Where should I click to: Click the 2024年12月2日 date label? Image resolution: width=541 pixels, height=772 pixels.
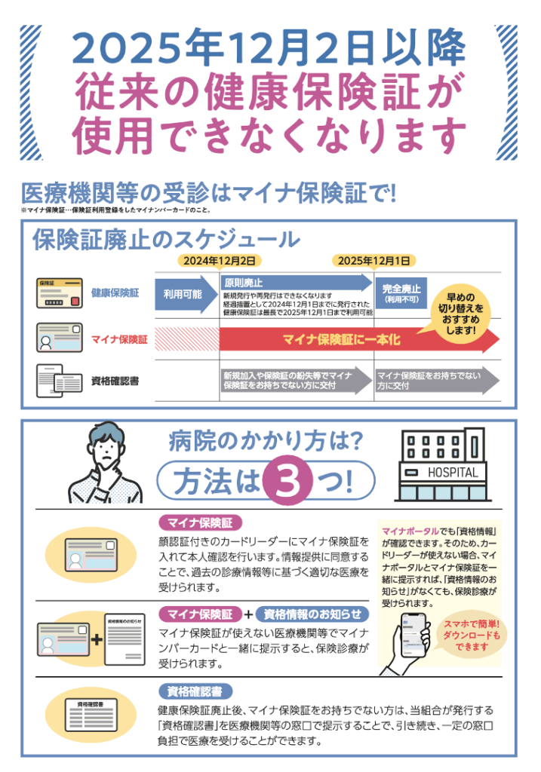pyautogui.click(x=220, y=260)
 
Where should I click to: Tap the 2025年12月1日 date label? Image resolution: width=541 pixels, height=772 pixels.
pyautogui.click(x=374, y=260)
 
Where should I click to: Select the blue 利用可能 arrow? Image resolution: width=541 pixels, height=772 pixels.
pyautogui.click(x=186, y=295)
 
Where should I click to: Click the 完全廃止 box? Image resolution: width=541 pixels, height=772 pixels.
pyautogui.click(x=401, y=293)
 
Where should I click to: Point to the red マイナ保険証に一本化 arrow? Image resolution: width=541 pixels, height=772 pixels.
pyautogui.click(x=359, y=340)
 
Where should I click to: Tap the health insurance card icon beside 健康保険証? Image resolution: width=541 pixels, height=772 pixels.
pyautogui.click(x=59, y=293)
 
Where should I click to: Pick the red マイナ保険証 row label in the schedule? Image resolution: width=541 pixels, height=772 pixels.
pyautogui.click(x=119, y=339)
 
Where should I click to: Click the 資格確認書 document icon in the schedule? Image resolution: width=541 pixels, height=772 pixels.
pyautogui.click(x=59, y=381)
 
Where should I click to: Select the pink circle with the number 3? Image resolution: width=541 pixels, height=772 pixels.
pyautogui.click(x=287, y=480)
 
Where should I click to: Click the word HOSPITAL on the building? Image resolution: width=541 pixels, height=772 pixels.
pyautogui.click(x=453, y=473)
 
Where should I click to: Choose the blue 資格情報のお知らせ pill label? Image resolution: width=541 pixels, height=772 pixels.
pyautogui.click(x=312, y=614)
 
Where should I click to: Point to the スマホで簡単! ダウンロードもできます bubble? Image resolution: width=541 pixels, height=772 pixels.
pyautogui.click(x=471, y=635)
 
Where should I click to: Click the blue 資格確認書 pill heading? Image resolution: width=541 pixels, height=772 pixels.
pyautogui.click(x=195, y=692)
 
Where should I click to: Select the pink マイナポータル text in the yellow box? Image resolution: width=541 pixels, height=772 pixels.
pyautogui.click(x=410, y=532)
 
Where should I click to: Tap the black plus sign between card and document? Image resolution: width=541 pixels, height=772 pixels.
pyautogui.click(x=97, y=639)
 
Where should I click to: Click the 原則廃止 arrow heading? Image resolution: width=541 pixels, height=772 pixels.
pyautogui.click(x=244, y=283)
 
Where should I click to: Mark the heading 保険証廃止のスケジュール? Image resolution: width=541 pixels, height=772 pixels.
pyautogui.click(x=166, y=240)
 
